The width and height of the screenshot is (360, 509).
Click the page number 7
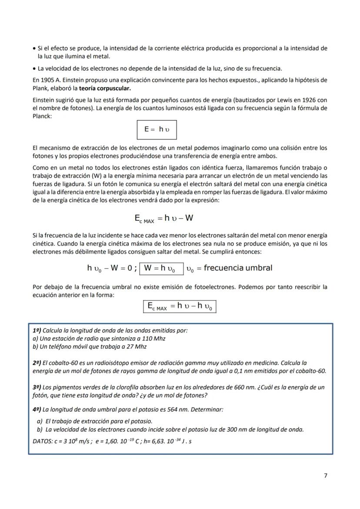coord(326,476)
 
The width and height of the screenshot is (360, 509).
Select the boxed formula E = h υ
coord(157,129)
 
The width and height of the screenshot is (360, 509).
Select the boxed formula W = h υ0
coord(159,268)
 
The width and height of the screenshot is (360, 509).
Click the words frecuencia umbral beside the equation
coord(238,268)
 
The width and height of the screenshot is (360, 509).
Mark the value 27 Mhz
coord(133,346)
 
